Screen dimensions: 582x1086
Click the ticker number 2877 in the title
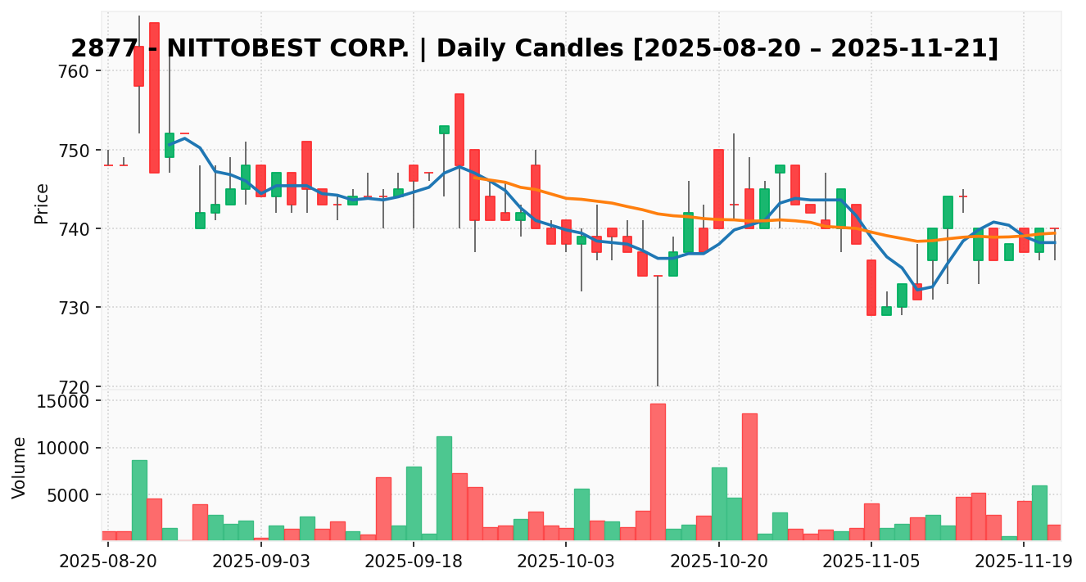[96, 49]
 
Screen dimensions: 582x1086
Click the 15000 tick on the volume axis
[66, 401]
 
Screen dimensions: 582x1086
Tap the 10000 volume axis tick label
[66, 448]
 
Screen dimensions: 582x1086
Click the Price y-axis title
[42, 203]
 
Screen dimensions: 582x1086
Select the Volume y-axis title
[20, 467]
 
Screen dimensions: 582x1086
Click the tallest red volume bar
[658, 471]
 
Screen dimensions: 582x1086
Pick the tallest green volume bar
[444, 488]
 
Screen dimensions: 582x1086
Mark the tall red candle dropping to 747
[154, 97]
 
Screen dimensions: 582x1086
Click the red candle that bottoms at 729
[871, 287]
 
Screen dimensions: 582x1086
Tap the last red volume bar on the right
[1054, 532]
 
